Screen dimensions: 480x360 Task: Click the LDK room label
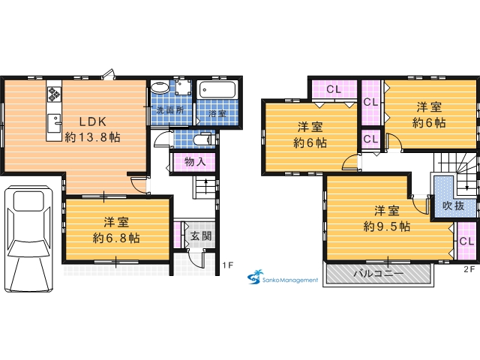click(x=93, y=121)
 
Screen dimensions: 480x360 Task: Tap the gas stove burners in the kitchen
click(x=54, y=94)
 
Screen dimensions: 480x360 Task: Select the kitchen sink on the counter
click(x=54, y=123)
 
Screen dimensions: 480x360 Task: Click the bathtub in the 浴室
click(x=217, y=90)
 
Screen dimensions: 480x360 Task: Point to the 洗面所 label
click(x=170, y=110)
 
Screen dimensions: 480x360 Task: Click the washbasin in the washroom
click(x=160, y=88)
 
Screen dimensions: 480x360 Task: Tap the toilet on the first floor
click(x=203, y=139)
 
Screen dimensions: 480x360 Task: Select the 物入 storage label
click(x=195, y=162)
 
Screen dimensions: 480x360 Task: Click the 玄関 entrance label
click(x=201, y=236)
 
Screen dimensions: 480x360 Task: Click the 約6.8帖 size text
click(x=116, y=238)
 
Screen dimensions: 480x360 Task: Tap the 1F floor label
click(x=228, y=265)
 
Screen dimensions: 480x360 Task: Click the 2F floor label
click(x=469, y=269)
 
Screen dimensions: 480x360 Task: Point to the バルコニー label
click(x=379, y=273)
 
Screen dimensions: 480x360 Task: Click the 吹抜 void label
click(x=453, y=205)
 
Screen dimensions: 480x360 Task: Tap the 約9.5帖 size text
click(x=387, y=226)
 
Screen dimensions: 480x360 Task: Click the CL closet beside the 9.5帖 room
click(x=466, y=241)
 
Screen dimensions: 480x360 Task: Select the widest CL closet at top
click(x=334, y=89)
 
